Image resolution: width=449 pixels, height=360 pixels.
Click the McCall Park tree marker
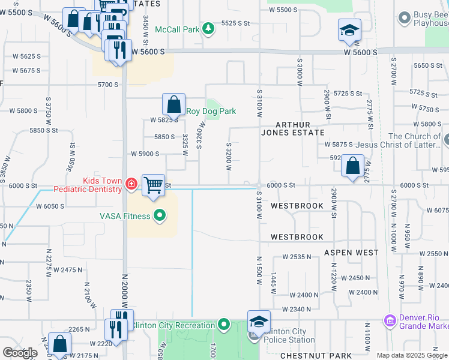[208, 28]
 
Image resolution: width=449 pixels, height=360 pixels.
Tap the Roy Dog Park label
[211, 111]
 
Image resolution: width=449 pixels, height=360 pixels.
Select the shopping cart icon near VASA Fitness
[154, 184]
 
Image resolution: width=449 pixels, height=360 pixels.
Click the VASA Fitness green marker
[160, 216]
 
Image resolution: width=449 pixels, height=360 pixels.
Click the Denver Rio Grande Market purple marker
[390, 322]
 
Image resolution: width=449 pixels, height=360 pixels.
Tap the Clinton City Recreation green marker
[224, 325]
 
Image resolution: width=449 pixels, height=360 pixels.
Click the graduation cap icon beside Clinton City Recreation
[259, 321]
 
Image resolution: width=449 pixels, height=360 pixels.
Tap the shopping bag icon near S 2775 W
[354, 165]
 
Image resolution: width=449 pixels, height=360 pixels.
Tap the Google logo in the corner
[20, 353]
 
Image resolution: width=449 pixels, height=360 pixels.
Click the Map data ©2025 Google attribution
[412, 355]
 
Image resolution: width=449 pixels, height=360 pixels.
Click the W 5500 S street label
[283, 10]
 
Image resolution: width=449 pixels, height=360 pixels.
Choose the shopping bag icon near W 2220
[59, 344]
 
